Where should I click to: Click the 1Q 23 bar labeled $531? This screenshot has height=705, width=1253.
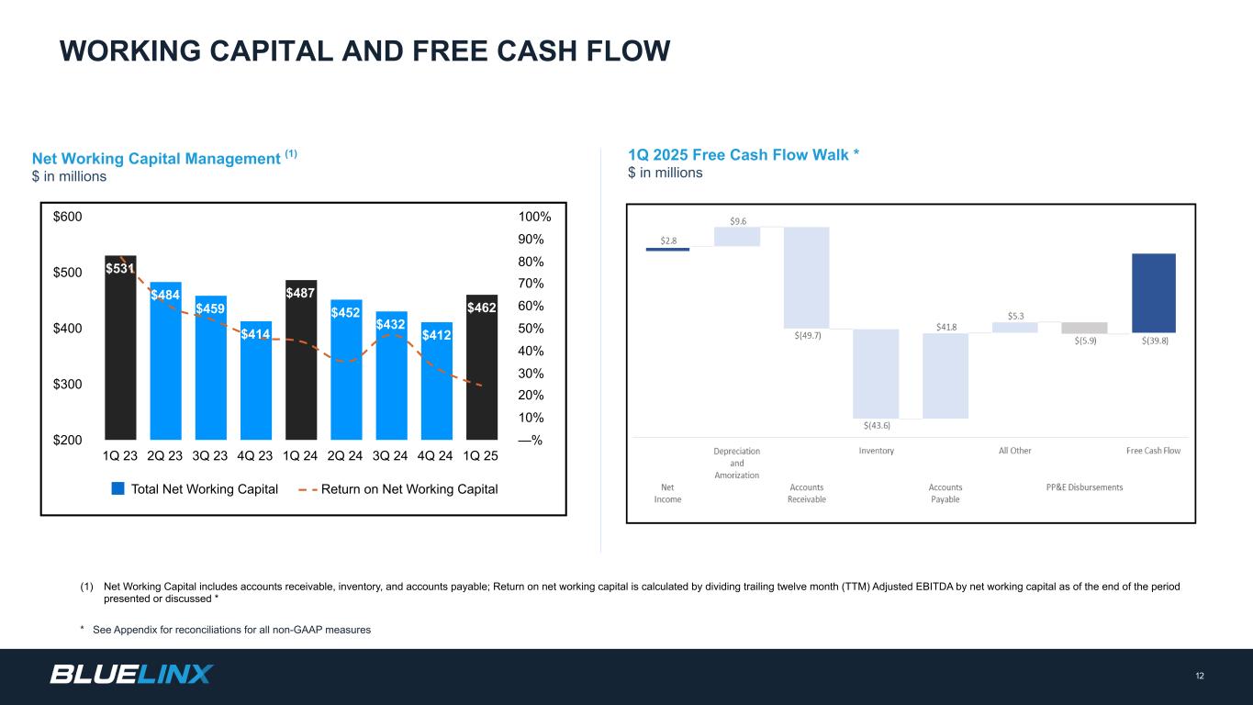tap(120, 349)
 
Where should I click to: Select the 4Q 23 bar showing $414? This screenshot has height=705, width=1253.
tap(255, 381)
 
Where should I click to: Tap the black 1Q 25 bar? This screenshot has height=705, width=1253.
tap(481, 367)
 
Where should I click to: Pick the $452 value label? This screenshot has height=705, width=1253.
tap(346, 312)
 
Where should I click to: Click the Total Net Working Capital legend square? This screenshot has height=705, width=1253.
tap(117, 488)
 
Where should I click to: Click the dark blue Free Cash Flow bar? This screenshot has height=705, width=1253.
tap(1154, 293)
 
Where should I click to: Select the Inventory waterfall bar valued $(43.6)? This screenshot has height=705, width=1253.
tap(876, 374)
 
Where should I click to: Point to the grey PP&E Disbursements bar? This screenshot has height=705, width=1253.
tap(1084, 328)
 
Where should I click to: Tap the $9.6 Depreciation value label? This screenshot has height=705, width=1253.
tap(737, 220)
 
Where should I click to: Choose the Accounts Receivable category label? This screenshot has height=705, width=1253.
tap(807, 493)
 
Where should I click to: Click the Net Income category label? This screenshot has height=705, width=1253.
tap(667, 493)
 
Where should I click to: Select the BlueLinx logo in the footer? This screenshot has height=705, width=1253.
tap(131, 675)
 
